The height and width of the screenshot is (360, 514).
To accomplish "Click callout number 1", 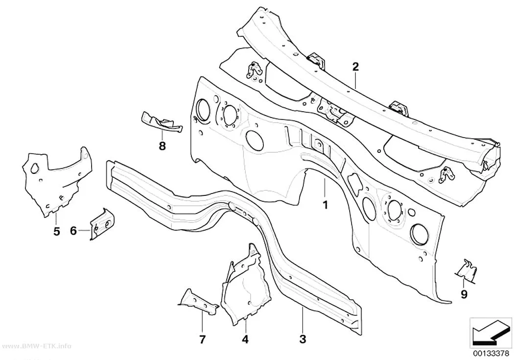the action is click(x=325, y=205).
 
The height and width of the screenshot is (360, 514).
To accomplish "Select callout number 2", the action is click(x=356, y=67).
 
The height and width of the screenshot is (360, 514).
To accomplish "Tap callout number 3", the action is click(x=303, y=339).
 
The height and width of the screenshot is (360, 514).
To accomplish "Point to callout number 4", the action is click(x=245, y=339).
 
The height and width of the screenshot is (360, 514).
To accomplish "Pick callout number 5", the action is click(x=57, y=232).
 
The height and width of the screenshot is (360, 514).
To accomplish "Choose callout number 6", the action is click(x=73, y=231).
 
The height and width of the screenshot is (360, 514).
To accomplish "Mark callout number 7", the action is click(x=202, y=339).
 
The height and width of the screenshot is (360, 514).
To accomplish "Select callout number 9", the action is click(x=464, y=294).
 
